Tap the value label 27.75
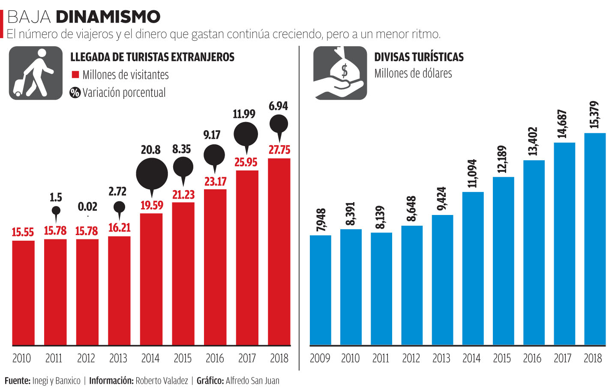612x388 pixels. [x=279, y=150]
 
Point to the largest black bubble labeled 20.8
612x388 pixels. [x=152, y=173]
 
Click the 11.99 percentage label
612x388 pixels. [x=244, y=114]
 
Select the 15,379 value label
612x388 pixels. [x=594, y=115]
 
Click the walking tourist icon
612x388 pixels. [x=36, y=73]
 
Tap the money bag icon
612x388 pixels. [x=340, y=73]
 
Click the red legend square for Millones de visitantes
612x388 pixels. [x=75, y=75]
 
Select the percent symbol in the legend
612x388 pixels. [x=75, y=93]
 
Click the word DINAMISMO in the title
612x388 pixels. [x=108, y=17]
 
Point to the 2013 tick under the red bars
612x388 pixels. [x=118, y=358]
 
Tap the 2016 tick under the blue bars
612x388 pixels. [x=532, y=358]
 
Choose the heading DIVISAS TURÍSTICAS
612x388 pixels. [x=419, y=57]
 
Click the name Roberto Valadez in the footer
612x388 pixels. [x=162, y=380]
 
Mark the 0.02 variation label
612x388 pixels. [x=87, y=207]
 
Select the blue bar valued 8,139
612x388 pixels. [x=381, y=289]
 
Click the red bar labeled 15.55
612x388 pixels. [x=23, y=293]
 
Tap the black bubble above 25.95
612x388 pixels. [x=246, y=134]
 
